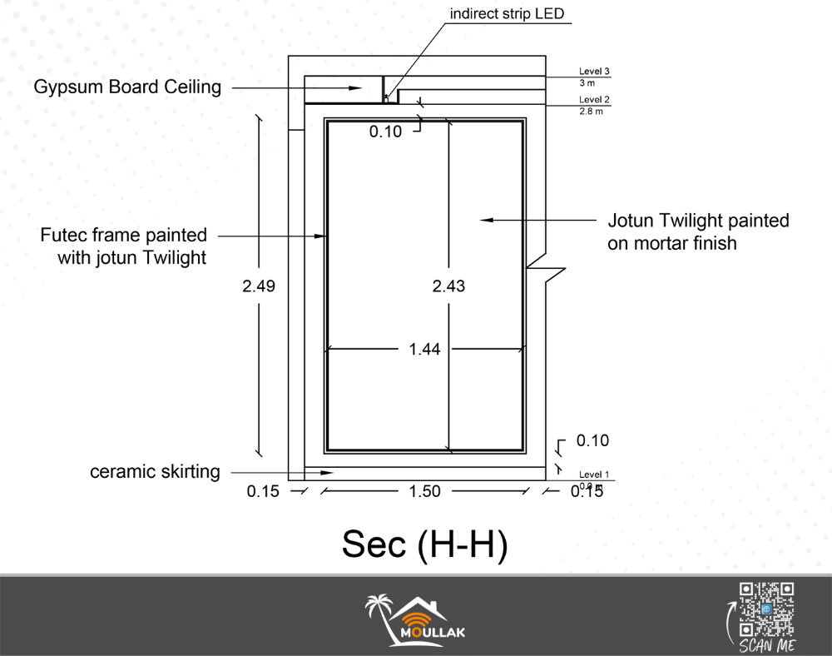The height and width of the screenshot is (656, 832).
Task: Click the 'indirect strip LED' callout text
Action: point(507,14)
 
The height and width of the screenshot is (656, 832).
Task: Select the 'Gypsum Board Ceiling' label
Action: point(128,87)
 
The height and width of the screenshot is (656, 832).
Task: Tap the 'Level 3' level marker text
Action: point(594,72)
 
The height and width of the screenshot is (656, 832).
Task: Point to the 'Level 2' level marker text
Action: point(594,100)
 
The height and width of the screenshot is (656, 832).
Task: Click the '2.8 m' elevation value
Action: point(591,111)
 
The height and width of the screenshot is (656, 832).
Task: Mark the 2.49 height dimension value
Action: point(259,286)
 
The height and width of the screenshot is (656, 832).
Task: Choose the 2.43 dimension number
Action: point(448,286)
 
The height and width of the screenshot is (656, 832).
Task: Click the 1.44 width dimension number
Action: point(424,350)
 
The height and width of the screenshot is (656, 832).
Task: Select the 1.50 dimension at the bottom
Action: point(424,491)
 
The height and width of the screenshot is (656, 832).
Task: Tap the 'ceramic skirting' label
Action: point(155,472)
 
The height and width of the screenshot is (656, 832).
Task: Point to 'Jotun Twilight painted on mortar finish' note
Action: point(698,232)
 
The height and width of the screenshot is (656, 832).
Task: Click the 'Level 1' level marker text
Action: point(594,475)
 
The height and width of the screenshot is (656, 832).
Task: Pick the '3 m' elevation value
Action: point(587,83)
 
